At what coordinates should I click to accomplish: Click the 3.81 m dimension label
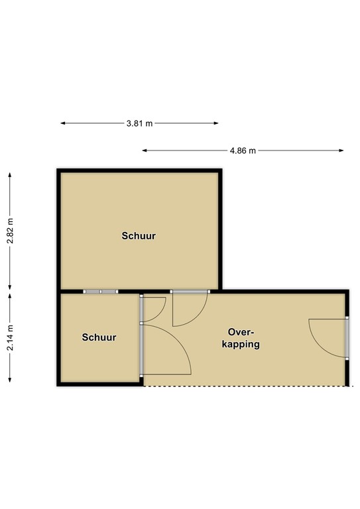pyautogui.click(x=139, y=123)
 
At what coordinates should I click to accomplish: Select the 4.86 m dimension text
pyautogui.click(x=243, y=150)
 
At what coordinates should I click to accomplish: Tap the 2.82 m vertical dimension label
pyautogui.click(x=9, y=231)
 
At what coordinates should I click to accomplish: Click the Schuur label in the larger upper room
pyautogui.click(x=139, y=236)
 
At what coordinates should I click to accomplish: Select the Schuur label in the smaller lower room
pyautogui.click(x=99, y=337)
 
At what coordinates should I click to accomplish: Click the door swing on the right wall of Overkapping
pyautogui.click(x=327, y=338)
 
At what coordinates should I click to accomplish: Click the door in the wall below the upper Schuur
pyautogui.click(x=190, y=308)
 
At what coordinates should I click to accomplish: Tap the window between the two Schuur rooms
pyautogui.click(x=101, y=292)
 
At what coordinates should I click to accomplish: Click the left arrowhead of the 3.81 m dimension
pyautogui.click(x=62, y=123)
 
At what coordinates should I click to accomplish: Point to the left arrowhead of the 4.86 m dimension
pyautogui.click(x=144, y=150)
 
